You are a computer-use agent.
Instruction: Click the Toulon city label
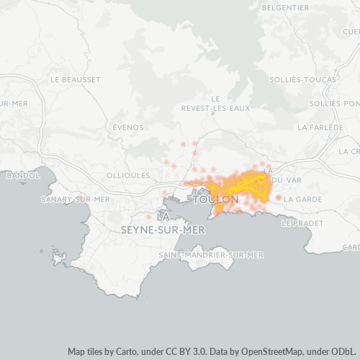pyautogui.click(x=216, y=199)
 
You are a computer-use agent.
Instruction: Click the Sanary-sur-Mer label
pyautogui.click(x=76, y=199)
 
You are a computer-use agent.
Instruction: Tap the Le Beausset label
pyautogui.click(x=76, y=78)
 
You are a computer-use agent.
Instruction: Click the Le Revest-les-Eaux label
pyautogui.click(x=215, y=103)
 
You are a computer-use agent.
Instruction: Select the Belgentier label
pyautogui.click(x=285, y=7)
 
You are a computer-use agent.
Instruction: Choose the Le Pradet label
pyautogui.click(x=305, y=223)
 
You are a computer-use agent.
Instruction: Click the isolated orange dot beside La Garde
pyautogui.click(x=279, y=197)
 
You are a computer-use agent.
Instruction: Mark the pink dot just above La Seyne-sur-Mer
pyautogui.click(x=149, y=217)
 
